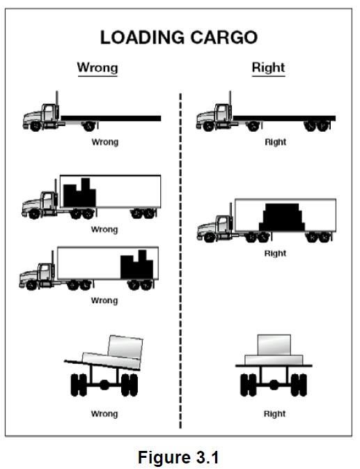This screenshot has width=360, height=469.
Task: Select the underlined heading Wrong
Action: click(x=97, y=68)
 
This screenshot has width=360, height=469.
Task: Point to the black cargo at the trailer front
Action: click(x=78, y=194)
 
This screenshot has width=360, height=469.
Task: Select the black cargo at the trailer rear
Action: click(x=136, y=265)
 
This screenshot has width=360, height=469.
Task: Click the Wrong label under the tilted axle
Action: click(x=104, y=413)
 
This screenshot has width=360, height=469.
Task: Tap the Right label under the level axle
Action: click(x=274, y=413)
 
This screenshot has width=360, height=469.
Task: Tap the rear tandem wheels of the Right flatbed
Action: click(x=318, y=126)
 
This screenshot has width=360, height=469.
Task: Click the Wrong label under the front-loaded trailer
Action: click(x=104, y=229)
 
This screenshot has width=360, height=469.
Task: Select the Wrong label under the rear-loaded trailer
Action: click(x=104, y=300)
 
